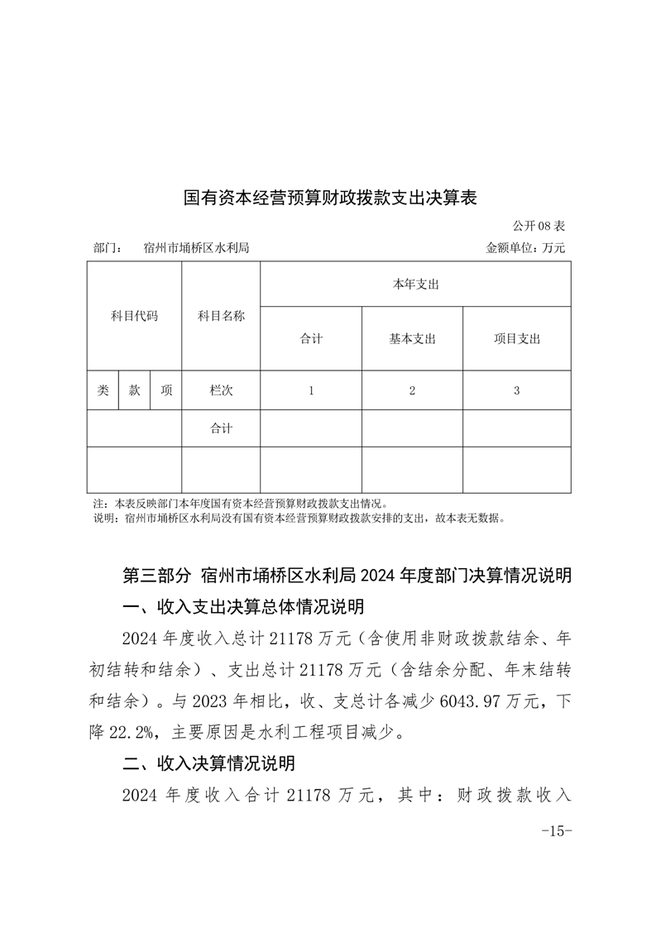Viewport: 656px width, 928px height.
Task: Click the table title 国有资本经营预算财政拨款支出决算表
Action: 330,199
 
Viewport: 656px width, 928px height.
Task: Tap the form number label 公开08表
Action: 538,225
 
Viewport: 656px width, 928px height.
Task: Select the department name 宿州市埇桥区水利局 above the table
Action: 196,247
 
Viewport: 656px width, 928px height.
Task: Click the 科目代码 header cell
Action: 134,316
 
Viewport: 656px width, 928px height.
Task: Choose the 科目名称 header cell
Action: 221,316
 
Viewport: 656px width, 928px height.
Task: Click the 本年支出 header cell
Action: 415,285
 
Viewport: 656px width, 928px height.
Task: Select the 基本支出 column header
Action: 412,338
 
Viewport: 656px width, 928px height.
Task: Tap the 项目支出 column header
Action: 517,338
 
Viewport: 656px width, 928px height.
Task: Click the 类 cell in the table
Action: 103,390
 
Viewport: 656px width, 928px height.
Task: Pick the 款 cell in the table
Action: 134,390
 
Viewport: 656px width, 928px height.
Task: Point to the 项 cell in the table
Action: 166,390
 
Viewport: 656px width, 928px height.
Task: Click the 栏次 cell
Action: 221,390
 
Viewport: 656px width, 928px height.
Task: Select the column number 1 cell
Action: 311,390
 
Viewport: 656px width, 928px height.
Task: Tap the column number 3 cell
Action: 517,390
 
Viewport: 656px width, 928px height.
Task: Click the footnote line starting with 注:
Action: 240,503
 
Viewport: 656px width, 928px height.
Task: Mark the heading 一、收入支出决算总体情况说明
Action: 242,607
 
